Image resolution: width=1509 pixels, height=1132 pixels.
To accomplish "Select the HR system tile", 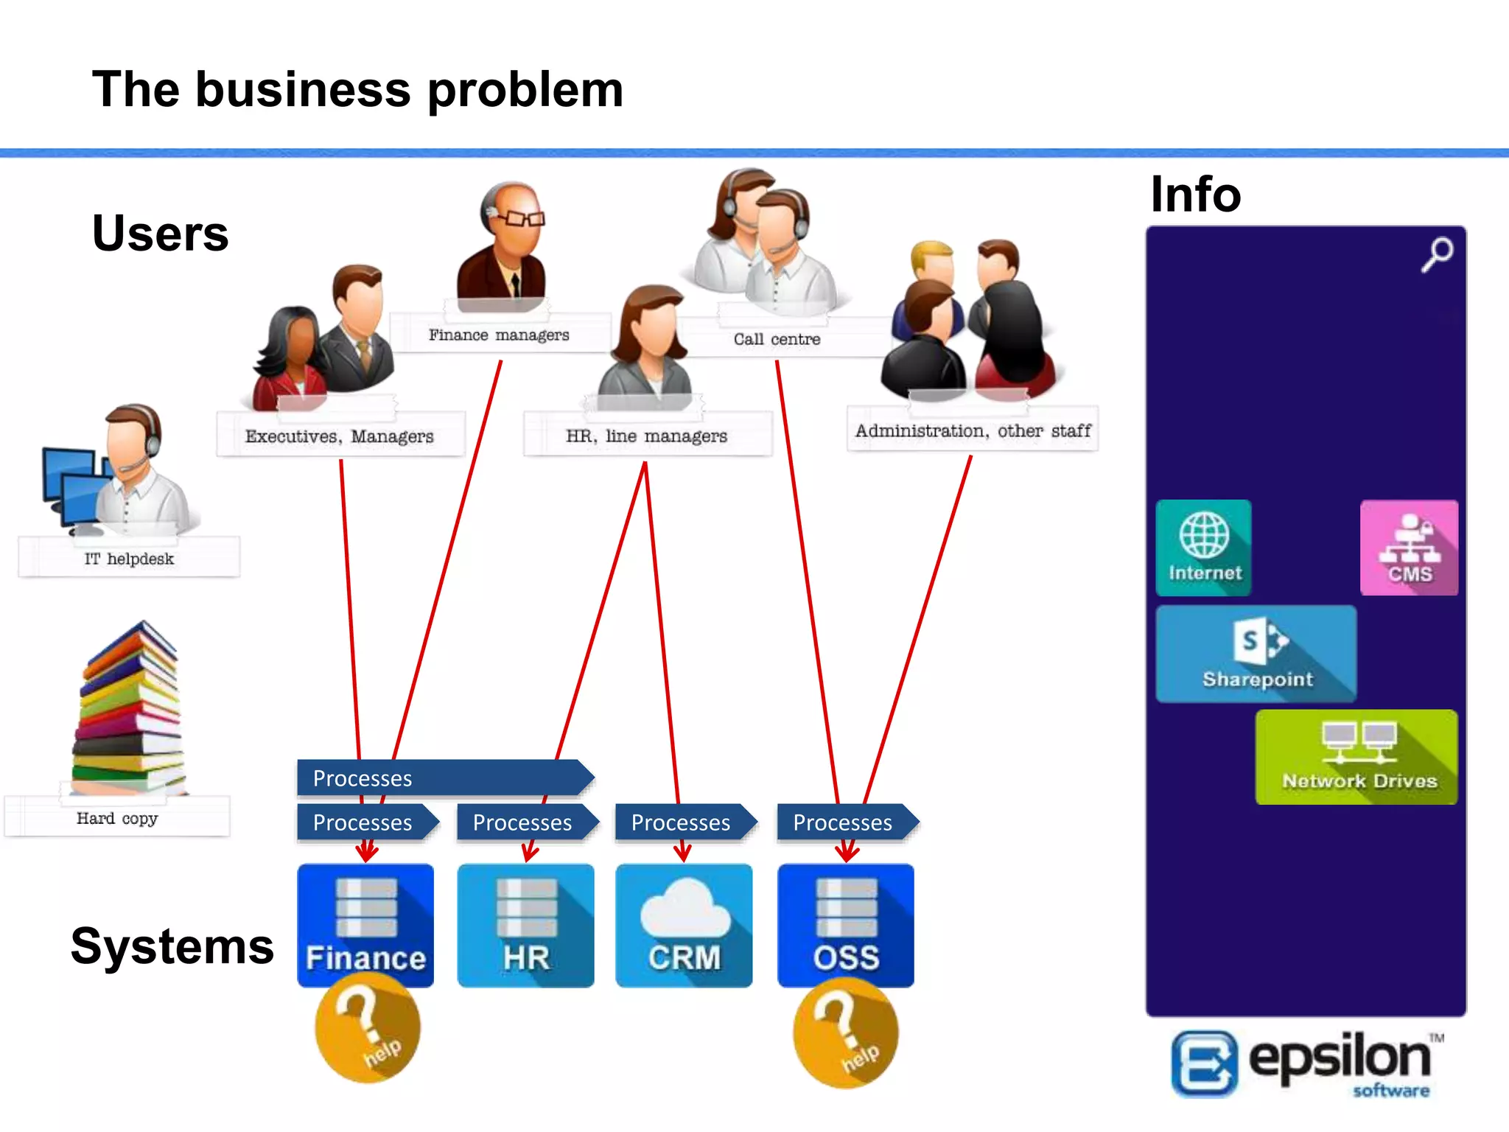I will [525, 926].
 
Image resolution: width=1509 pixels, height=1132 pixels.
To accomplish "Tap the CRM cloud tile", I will [684, 926].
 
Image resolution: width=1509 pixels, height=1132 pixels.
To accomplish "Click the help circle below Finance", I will [368, 1029].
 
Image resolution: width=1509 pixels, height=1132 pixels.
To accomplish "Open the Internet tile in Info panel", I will [1203, 548].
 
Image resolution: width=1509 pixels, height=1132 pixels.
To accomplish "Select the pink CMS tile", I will [1408, 548].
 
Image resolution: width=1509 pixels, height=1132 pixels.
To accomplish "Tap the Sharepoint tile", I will [1256, 654].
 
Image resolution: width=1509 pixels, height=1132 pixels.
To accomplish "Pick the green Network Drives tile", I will [1356, 757].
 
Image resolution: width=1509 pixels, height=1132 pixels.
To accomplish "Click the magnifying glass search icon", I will [1437, 254].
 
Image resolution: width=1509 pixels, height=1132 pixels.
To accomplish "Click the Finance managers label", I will [500, 335].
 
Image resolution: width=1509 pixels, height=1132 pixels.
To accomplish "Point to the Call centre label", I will [777, 339].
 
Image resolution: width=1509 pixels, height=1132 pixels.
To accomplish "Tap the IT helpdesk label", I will [129, 559].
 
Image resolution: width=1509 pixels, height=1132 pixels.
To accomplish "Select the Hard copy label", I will [117, 818].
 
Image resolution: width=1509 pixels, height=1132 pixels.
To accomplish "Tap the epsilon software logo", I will [1304, 1063].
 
